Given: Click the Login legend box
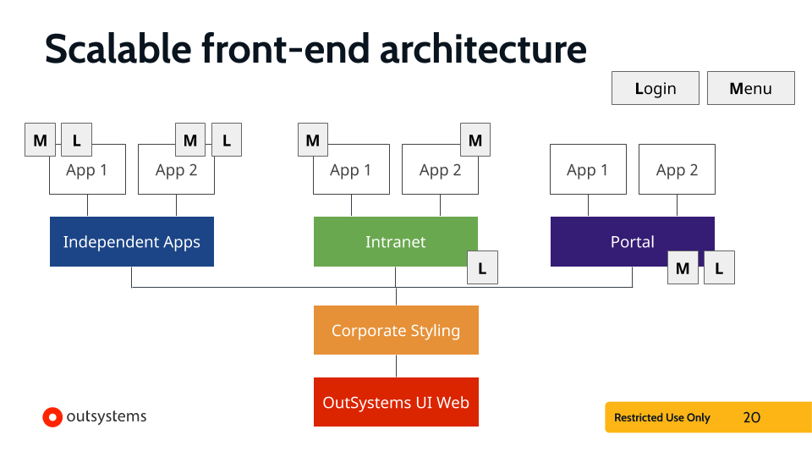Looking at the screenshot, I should click(x=656, y=88).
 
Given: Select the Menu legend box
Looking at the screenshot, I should click(x=750, y=88).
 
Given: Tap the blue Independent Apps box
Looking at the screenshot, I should click(x=131, y=241).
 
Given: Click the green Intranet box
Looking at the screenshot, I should click(x=395, y=241).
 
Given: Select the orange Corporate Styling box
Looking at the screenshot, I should click(x=396, y=330).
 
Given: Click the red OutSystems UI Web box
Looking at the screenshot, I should click(x=396, y=402).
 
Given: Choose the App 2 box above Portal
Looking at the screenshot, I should click(x=677, y=169).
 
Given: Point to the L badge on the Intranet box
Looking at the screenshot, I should click(x=482, y=268).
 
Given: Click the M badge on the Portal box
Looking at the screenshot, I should click(x=683, y=268).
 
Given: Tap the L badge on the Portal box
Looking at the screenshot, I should click(x=719, y=268).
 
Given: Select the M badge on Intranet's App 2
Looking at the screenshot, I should click(x=475, y=140).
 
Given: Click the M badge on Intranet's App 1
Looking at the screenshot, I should click(x=313, y=140).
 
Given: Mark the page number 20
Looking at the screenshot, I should click(x=751, y=417).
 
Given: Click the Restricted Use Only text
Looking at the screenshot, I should click(x=662, y=417).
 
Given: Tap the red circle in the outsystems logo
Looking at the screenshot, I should click(x=52, y=416).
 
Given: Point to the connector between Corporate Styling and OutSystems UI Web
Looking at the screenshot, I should click(x=396, y=366).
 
